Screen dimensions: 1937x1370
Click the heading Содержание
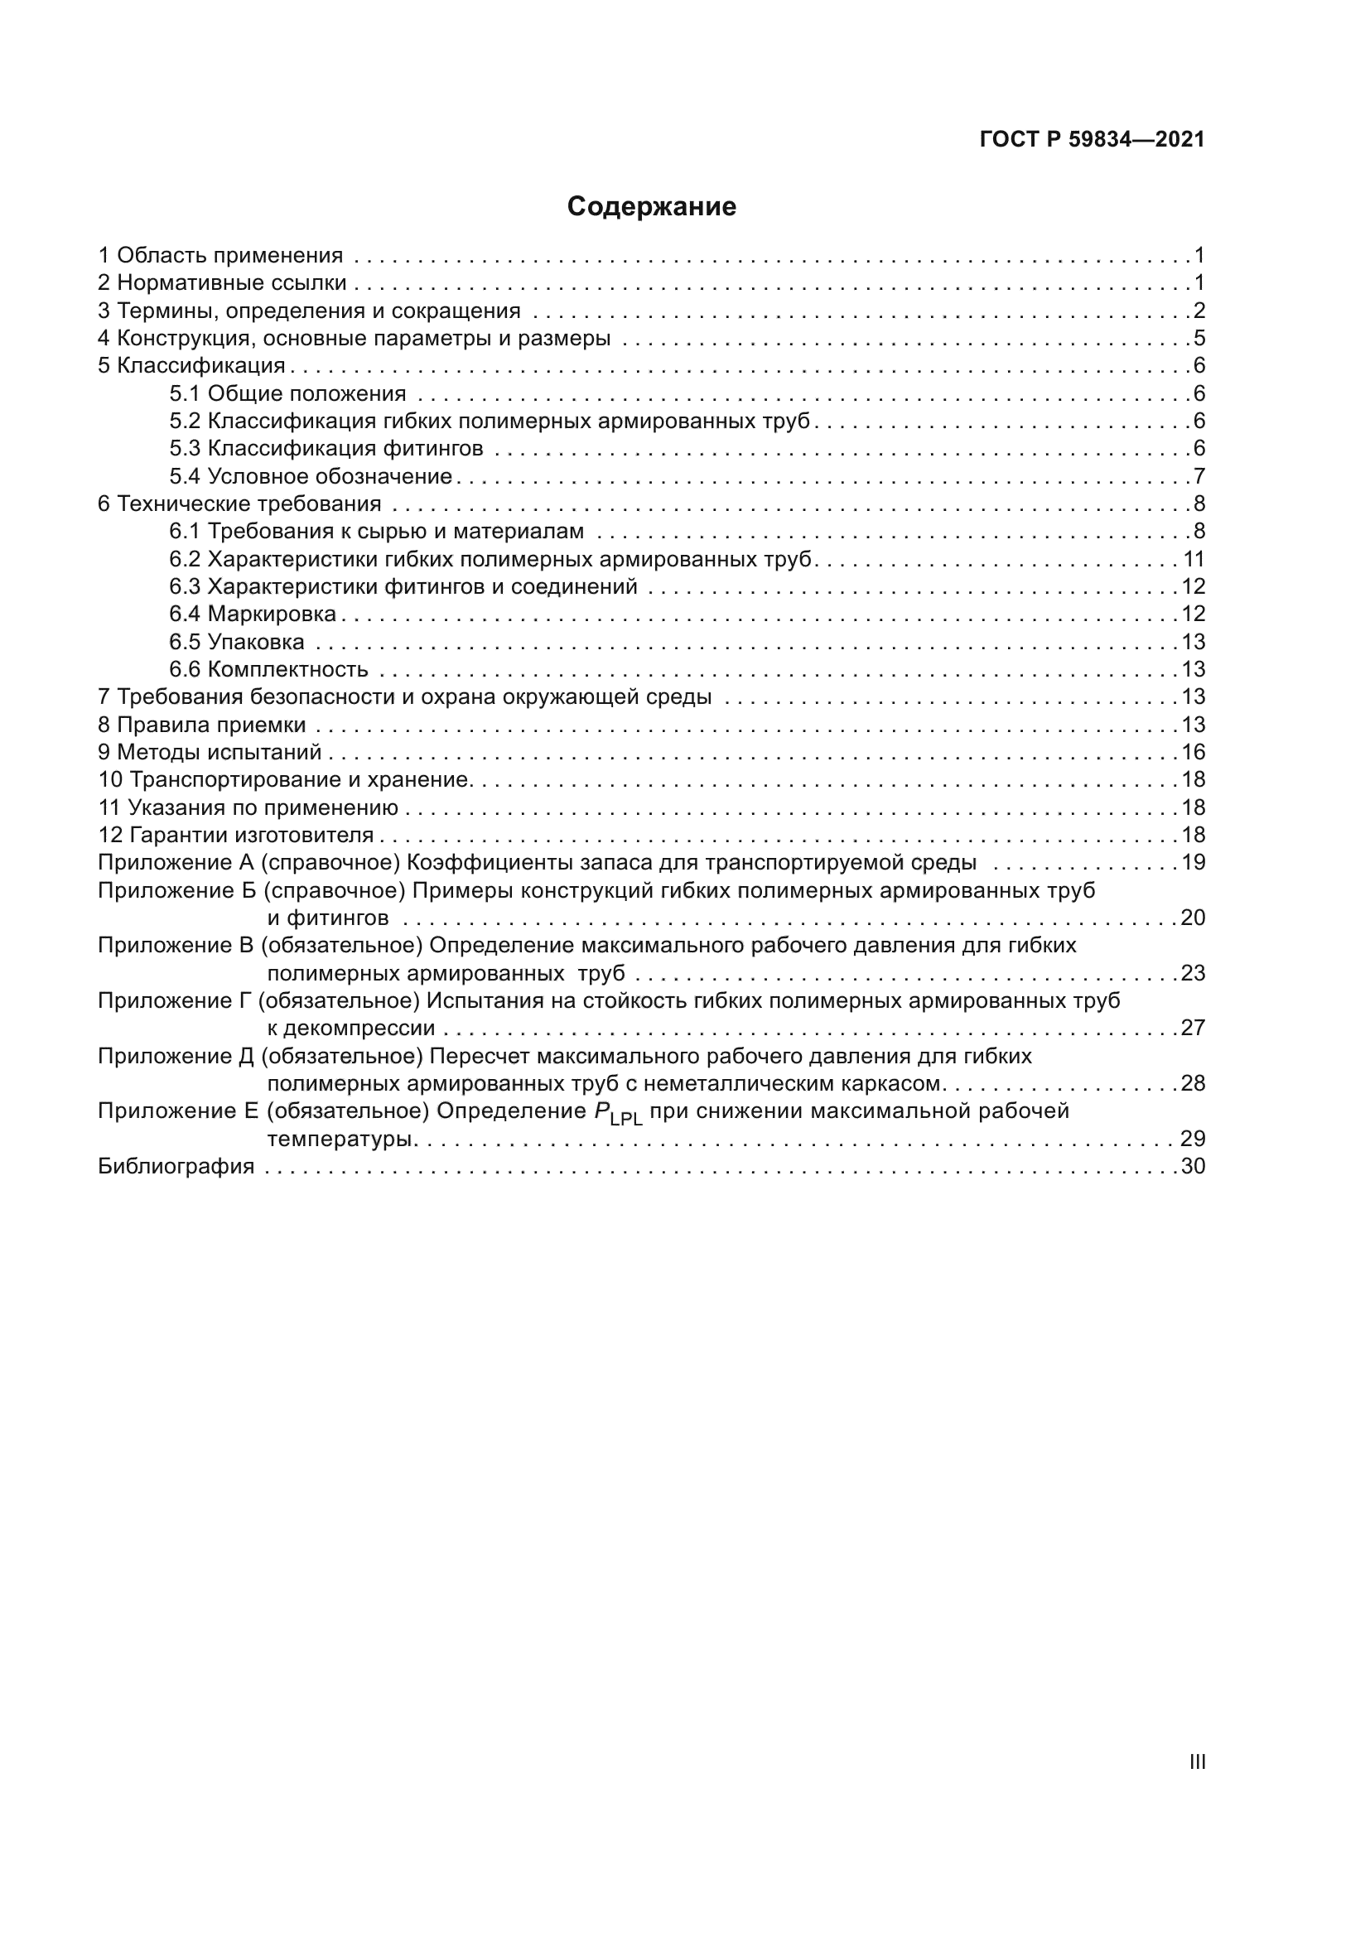point(651,207)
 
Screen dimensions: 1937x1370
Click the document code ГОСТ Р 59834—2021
point(1092,139)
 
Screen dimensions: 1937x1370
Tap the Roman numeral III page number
point(1197,1762)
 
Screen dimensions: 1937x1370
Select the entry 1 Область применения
point(220,255)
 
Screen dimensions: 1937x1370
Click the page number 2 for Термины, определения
point(1199,311)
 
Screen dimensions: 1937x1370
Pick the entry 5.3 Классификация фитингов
point(326,448)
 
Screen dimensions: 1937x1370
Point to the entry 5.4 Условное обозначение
point(311,476)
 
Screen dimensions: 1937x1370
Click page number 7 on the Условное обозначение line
point(1199,476)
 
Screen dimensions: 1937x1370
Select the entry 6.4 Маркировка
point(253,614)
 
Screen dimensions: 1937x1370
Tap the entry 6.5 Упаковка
point(236,641)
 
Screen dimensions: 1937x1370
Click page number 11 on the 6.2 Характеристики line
point(1193,558)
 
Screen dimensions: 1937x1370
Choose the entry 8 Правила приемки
point(201,725)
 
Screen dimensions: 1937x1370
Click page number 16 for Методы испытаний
point(1193,752)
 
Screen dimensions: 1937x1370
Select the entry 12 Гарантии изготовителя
point(235,835)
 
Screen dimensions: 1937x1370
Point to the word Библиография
point(176,1166)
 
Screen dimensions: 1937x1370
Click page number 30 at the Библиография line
point(1193,1166)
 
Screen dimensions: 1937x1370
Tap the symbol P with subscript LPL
point(618,1114)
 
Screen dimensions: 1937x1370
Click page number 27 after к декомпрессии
point(1193,1028)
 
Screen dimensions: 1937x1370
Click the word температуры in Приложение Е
point(340,1139)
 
